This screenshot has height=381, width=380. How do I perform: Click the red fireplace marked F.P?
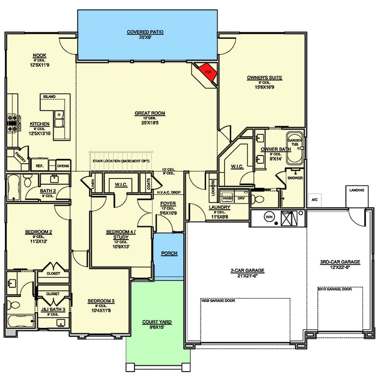(208, 71)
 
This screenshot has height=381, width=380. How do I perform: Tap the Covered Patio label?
(145, 32)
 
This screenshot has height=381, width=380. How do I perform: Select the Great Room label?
(150, 113)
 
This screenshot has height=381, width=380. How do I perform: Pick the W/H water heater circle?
(269, 217)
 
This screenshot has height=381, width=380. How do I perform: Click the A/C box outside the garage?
(314, 200)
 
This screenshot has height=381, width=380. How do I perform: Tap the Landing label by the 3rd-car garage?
(357, 190)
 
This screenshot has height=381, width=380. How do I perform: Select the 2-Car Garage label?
(247, 270)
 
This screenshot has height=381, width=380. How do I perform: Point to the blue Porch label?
(169, 253)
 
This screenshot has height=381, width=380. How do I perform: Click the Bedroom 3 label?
(101, 301)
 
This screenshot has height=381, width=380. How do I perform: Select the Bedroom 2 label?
(38, 232)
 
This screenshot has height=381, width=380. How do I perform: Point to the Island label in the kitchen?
(49, 97)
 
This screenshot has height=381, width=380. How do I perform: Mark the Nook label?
(39, 55)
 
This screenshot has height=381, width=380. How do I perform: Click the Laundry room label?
(220, 207)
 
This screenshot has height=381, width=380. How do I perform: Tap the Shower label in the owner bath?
(295, 178)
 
